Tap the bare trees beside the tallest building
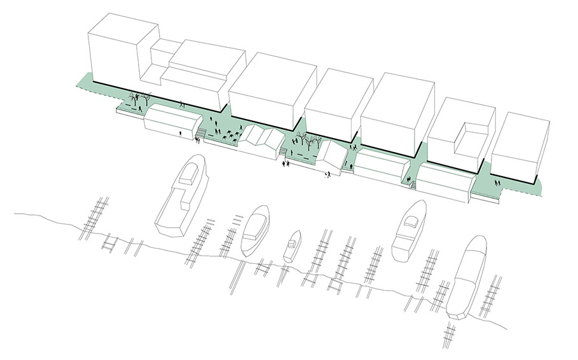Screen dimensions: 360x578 click(139, 99)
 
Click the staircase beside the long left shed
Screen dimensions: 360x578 click(200, 132)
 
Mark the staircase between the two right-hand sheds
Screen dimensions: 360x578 click(412, 184)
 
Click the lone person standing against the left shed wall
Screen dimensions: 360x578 click(180, 134)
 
